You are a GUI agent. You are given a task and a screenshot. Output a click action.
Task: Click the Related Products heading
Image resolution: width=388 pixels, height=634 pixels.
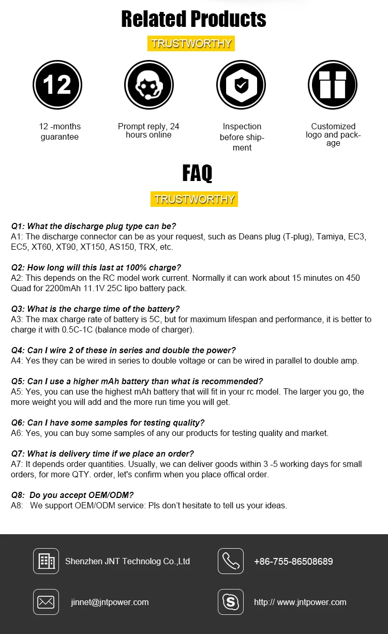[193, 19]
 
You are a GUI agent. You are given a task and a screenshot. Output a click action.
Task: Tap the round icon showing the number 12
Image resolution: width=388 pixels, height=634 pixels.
[57, 85]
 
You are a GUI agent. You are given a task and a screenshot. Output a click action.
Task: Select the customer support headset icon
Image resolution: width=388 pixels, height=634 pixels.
[149, 85]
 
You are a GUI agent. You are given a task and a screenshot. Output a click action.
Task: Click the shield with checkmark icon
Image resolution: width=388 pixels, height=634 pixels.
[241, 85]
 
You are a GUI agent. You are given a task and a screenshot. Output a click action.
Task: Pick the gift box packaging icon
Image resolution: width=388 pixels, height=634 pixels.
[333, 85]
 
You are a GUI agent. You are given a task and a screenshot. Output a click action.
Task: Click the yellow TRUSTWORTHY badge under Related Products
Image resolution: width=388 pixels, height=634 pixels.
[191, 43]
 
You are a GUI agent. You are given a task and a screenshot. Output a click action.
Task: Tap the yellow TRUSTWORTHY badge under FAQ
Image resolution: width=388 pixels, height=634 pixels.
[194, 199]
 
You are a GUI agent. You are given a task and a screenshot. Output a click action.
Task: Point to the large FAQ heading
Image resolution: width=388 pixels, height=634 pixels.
[197, 173]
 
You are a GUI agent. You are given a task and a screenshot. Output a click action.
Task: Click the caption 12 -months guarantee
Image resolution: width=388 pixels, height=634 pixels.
[60, 131]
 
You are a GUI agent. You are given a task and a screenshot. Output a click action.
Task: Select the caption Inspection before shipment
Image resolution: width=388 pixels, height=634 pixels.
[242, 137]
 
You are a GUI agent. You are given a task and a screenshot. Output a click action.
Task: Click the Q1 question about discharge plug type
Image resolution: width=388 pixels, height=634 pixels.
[94, 226]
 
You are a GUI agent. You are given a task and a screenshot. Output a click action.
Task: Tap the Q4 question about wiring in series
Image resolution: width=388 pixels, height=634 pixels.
[123, 350]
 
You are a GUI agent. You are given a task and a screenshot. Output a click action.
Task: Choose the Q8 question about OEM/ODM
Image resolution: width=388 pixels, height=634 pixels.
[72, 495]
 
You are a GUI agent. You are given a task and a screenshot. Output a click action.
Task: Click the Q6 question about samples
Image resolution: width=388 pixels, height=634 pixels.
[108, 422]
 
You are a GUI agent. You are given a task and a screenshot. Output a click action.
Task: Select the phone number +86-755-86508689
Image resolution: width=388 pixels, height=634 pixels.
[293, 562]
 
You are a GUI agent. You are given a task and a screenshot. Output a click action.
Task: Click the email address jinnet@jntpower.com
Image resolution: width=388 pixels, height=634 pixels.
[110, 602]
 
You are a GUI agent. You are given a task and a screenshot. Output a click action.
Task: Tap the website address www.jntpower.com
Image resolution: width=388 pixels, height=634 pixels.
[300, 602]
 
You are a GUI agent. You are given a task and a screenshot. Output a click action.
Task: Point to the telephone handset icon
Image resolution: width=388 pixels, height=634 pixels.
[231, 561]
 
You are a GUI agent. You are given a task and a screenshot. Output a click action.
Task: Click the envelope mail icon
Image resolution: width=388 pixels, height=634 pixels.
[46, 602]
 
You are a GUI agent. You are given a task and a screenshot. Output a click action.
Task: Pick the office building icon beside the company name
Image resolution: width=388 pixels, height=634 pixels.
[46, 561]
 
